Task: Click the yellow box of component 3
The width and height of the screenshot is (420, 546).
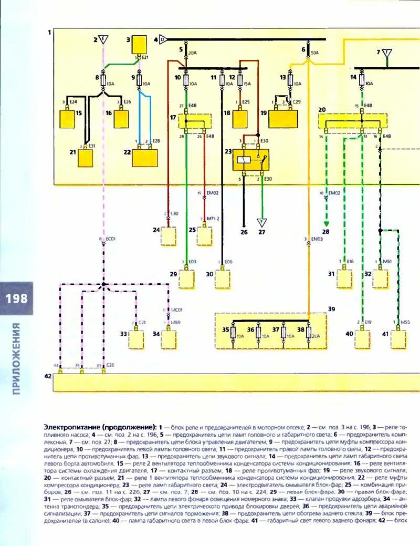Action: click(139, 44)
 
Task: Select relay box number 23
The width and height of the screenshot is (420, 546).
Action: click(250, 159)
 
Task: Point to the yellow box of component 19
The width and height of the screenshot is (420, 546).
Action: click(283, 119)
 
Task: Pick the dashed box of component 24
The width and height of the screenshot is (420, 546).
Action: click(169, 237)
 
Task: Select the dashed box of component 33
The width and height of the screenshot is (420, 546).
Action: click(136, 341)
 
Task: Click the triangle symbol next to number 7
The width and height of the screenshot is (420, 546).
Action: click(387, 53)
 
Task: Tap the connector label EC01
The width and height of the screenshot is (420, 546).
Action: click(111, 240)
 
